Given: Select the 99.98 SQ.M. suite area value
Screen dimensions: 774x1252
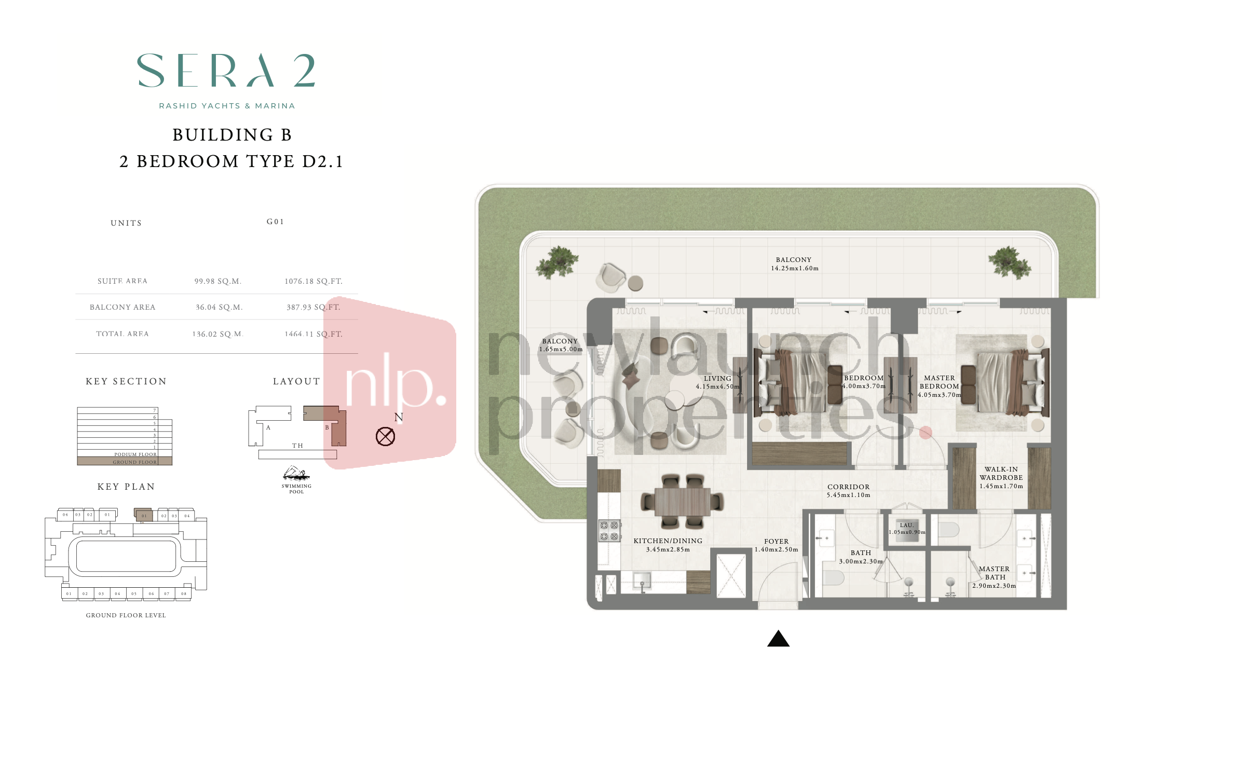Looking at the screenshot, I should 218,281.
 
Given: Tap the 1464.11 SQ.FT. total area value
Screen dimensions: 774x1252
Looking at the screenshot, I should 314,334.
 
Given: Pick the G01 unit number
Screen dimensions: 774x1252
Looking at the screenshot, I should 275,222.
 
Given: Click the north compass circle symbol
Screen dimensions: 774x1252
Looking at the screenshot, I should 385,436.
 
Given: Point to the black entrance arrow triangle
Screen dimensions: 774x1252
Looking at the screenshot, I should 778,639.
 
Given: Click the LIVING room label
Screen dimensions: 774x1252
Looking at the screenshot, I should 717,379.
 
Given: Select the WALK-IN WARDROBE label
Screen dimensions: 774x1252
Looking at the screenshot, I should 1001,474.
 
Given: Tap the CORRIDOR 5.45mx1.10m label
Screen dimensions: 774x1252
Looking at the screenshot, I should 848,491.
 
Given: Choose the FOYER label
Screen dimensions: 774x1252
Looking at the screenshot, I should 776,542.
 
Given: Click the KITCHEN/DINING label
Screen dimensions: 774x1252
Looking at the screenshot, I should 668,541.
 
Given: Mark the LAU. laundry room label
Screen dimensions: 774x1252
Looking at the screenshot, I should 906,526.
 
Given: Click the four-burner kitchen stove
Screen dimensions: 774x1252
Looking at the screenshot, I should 609,531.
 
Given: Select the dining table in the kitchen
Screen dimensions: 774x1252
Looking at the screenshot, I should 682,501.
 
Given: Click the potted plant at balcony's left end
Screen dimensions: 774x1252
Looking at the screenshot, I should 557,261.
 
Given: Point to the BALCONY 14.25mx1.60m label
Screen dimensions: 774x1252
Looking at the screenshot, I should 794,264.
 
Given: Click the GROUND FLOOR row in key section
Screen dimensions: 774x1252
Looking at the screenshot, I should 125,462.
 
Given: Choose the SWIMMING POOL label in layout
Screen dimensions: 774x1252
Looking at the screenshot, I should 296,489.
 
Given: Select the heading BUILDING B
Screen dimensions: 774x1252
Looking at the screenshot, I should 232,135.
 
